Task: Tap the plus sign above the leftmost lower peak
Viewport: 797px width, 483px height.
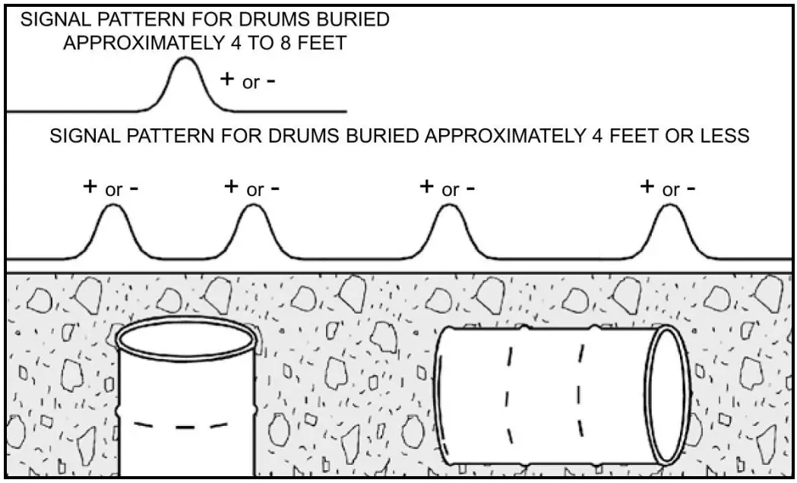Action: click(x=90, y=186)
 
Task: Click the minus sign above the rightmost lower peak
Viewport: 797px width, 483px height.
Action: click(x=690, y=188)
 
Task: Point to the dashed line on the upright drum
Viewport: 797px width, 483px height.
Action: click(x=187, y=426)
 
